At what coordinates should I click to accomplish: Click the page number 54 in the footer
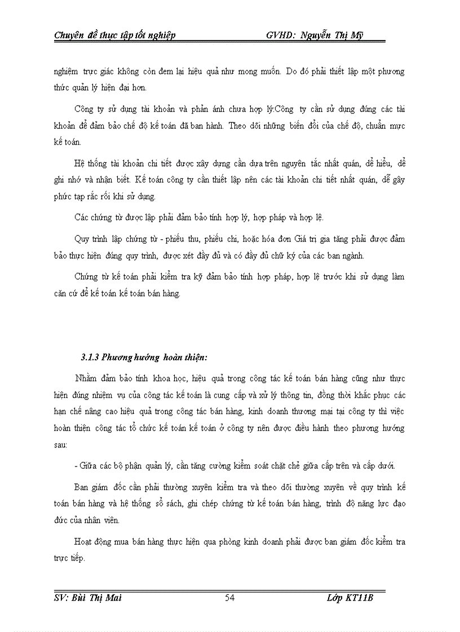pyautogui.click(x=229, y=598)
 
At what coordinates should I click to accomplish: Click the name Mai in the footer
pyautogui.click(x=113, y=598)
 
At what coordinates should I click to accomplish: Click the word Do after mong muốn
pyautogui.click(x=292, y=73)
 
